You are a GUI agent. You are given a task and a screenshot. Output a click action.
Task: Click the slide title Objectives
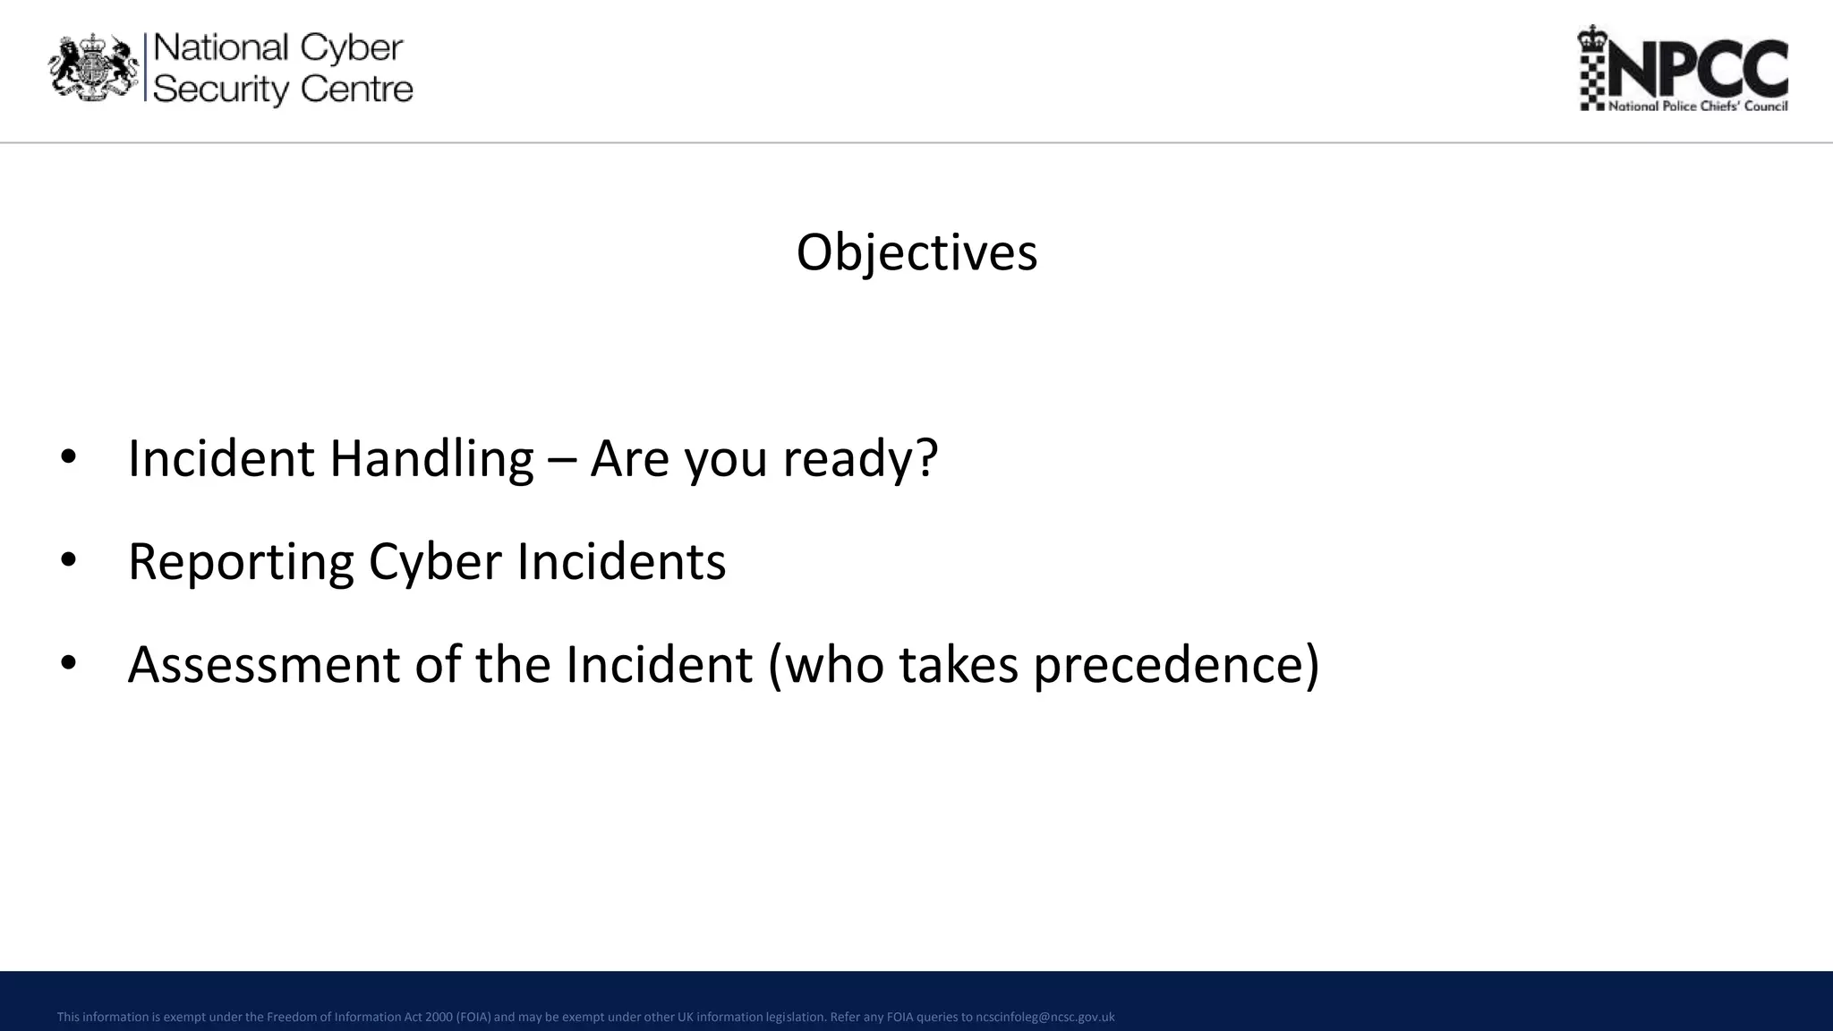point(916,252)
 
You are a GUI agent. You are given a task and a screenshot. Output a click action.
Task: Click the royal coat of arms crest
point(94,68)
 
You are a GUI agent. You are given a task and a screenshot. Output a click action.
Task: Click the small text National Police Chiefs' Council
point(1697,107)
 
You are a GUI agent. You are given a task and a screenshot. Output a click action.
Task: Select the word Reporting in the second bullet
point(241,563)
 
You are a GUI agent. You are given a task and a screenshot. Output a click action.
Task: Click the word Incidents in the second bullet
point(621,562)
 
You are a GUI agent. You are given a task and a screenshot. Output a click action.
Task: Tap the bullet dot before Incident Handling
point(69,458)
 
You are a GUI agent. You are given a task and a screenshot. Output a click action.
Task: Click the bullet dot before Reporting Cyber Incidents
point(69,561)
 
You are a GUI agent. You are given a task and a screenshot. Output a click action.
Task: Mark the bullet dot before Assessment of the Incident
point(69,664)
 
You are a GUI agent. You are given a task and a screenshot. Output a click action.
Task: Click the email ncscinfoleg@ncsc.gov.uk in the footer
point(1044,1017)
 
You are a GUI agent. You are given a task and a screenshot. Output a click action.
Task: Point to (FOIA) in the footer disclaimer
point(473,1017)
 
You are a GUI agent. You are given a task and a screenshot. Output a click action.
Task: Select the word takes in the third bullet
point(958,665)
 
